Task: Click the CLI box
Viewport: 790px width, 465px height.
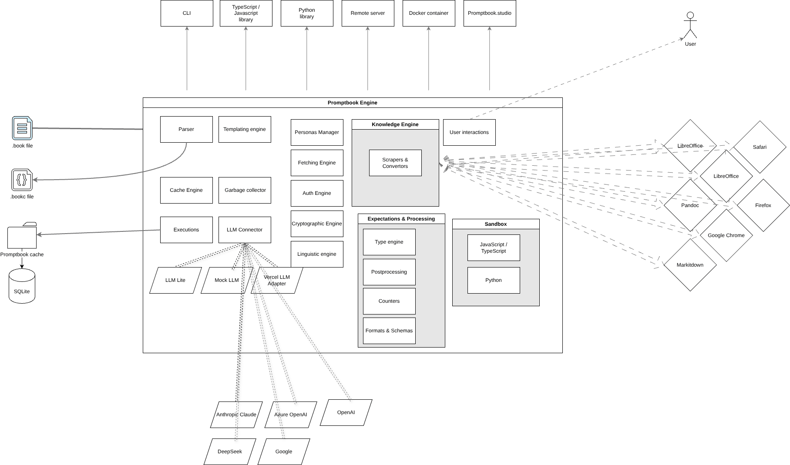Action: (x=187, y=13)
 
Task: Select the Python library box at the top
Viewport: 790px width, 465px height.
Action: (x=307, y=13)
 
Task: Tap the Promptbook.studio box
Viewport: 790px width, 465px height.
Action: (x=490, y=13)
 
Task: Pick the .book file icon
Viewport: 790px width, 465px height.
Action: (x=22, y=128)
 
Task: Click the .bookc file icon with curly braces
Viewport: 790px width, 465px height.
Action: (x=22, y=180)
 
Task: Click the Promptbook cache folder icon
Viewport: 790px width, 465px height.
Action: (x=22, y=236)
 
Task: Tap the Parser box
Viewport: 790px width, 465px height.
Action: (x=186, y=129)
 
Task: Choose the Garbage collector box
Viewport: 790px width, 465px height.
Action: (x=245, y=190)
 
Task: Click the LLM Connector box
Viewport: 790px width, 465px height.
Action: (x=245, y=230)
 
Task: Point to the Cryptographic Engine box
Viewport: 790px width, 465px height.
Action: (x=317, y=224)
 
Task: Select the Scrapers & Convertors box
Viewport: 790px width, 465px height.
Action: (x=395, y=163)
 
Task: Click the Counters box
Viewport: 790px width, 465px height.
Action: (x=389, y=301)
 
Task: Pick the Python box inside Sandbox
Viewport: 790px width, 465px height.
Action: (x=494, y=280)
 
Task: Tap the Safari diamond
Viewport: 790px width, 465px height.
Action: (x=760, y=147)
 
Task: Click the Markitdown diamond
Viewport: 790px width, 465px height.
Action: (x=690, y=265)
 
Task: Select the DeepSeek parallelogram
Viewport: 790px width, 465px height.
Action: (x=230, y=452)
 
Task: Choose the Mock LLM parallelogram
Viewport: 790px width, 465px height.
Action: (x=226, y=280)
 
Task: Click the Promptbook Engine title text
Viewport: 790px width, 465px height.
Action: (x=353, y=103)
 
